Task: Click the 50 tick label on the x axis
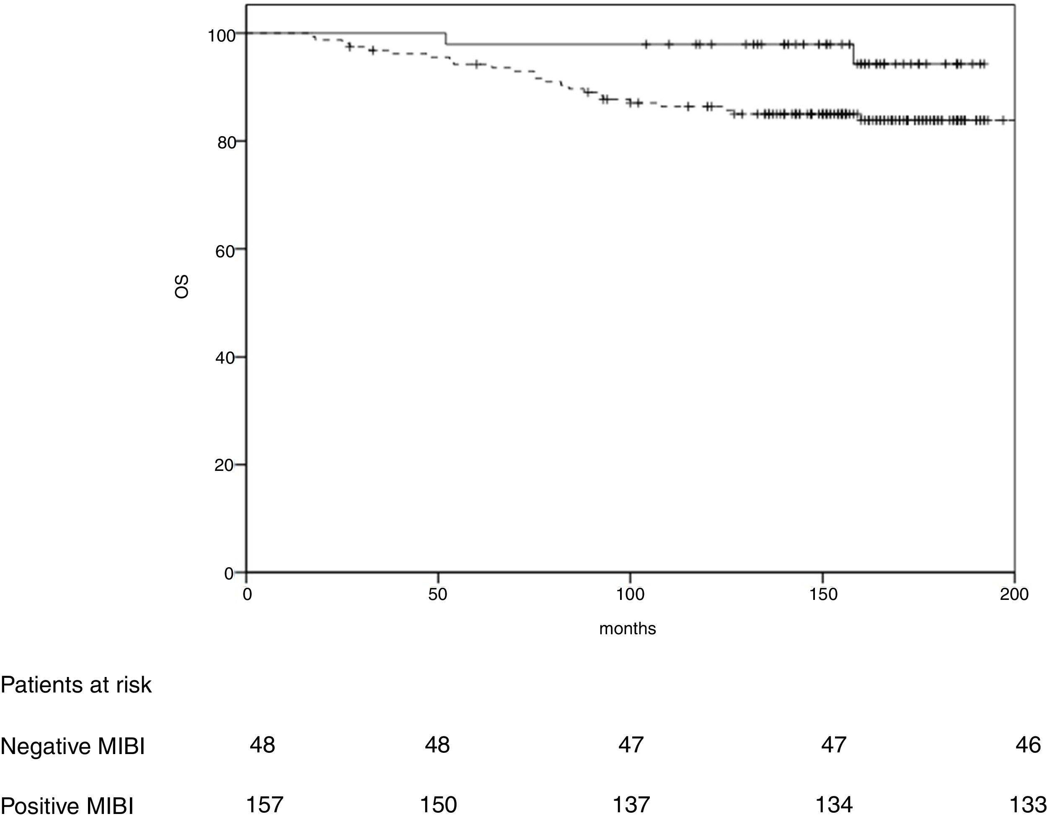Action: [x=437, y=594]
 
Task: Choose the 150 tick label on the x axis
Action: [x=823, y=594]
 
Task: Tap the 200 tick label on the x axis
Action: [x=1014, y=594]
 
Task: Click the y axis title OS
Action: [x=182, y=287]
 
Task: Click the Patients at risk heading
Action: [x=76, y=685]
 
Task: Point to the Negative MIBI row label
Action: [x=72, y=747]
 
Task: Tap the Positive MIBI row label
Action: [x=67, y=806]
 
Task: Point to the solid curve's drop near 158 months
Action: [x=853, y=54]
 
